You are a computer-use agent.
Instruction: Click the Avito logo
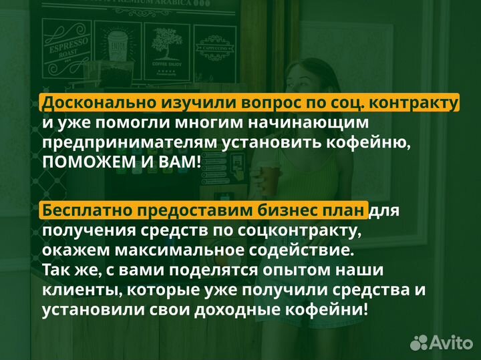coord(441,342)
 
